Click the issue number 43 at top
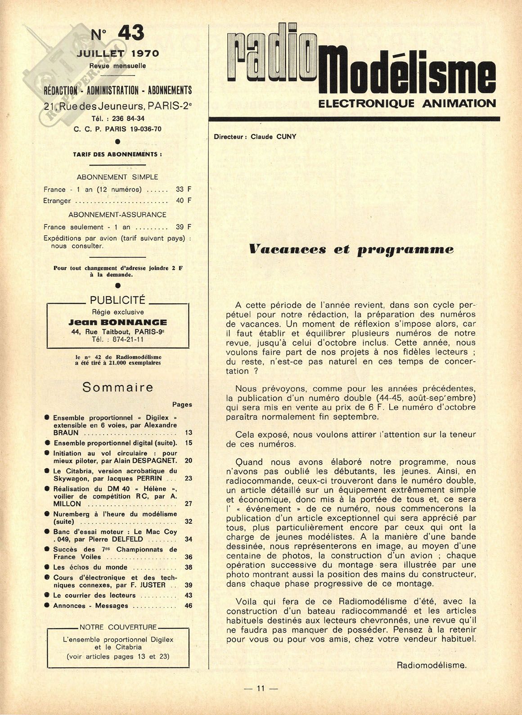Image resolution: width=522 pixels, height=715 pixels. pyautogui.click(x=130, y=33)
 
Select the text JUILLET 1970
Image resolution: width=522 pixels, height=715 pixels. pyautogui.click(x=118, y=54)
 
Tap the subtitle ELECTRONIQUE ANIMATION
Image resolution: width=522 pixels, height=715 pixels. pyautogui.click(x=407, y=103)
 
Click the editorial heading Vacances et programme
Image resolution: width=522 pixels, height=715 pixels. pyautogui.click(x=351, y=249)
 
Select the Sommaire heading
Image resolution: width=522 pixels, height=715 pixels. pyautogui.click(x=118, y=387)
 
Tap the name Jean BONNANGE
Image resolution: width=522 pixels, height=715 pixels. pyautogui.click(x=118, y=322)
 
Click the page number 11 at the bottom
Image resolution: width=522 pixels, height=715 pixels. pyautogui.click(x=261, y=701)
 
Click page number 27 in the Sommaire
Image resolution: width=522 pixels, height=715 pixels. pyautogui.click(x=189, y=504)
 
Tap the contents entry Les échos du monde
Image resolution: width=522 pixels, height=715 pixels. pyautogui.click(x=90, y=567)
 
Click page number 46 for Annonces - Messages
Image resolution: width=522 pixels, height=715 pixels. pyautogui.click(x=189, y=606)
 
